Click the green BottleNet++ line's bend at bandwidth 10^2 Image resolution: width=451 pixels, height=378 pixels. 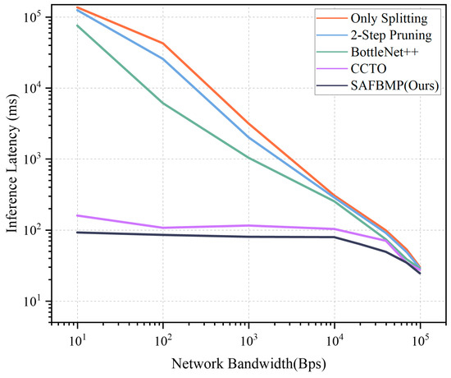(162, 103)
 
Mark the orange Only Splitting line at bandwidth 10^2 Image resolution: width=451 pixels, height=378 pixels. (162, 43)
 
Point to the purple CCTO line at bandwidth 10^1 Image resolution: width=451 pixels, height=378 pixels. (77, 215)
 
